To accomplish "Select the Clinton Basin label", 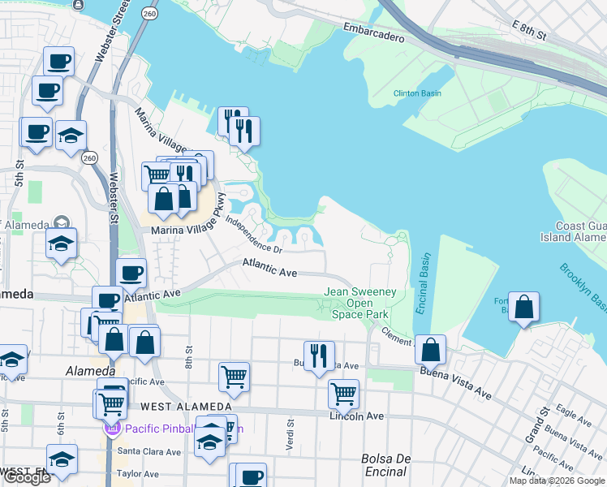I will [x=417, y=93].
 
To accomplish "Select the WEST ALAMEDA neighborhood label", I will [x=186, y=406].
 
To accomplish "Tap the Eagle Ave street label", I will [x=575, y=417].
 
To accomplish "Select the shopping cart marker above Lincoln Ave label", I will [x=343, y=394].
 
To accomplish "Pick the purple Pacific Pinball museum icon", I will [x=112, y=428].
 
